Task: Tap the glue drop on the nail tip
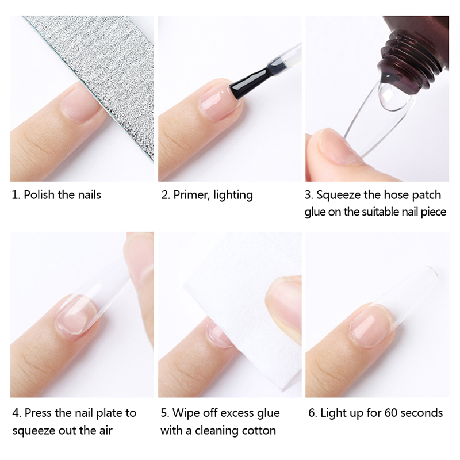(x=393, y=97)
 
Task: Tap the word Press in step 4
(x=38, y=413)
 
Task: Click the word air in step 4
(x=105, y=431)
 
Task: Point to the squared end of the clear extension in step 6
(x=431, y=271)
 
